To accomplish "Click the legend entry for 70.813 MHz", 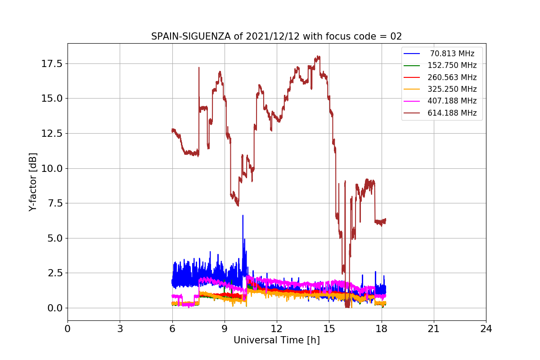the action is [x=452, y=54].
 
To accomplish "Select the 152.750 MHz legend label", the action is [x=452, y=65].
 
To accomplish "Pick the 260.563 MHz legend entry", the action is [x=452, y=77].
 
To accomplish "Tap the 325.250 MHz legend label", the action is [x=452, y=89].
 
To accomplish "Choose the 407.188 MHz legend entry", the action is [x=452, y=101].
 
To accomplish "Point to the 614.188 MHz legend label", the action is [x=452, y=113].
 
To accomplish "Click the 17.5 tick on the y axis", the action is [x=52, y=64].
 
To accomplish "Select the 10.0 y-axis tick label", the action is [x=52, y=169].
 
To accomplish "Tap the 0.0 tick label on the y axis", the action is [x=55, y=308].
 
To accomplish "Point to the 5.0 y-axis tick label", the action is [x=55, y=238].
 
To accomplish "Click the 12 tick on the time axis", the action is [x=277, y=328].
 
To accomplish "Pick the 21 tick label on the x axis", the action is [x=434, y=328].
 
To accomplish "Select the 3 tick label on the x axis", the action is [x=120, y=328].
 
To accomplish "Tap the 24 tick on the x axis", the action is [x=486, y=328].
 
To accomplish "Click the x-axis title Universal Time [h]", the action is [x=277, y=340].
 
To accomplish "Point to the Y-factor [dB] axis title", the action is [x=32, y=182].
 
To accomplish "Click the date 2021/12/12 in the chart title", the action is [x=273, y=36].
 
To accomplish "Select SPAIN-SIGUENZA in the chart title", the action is [x=191, y=36].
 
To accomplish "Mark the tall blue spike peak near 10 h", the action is [x=243, y=215].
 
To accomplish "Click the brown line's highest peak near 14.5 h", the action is [x=318, y=56].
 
